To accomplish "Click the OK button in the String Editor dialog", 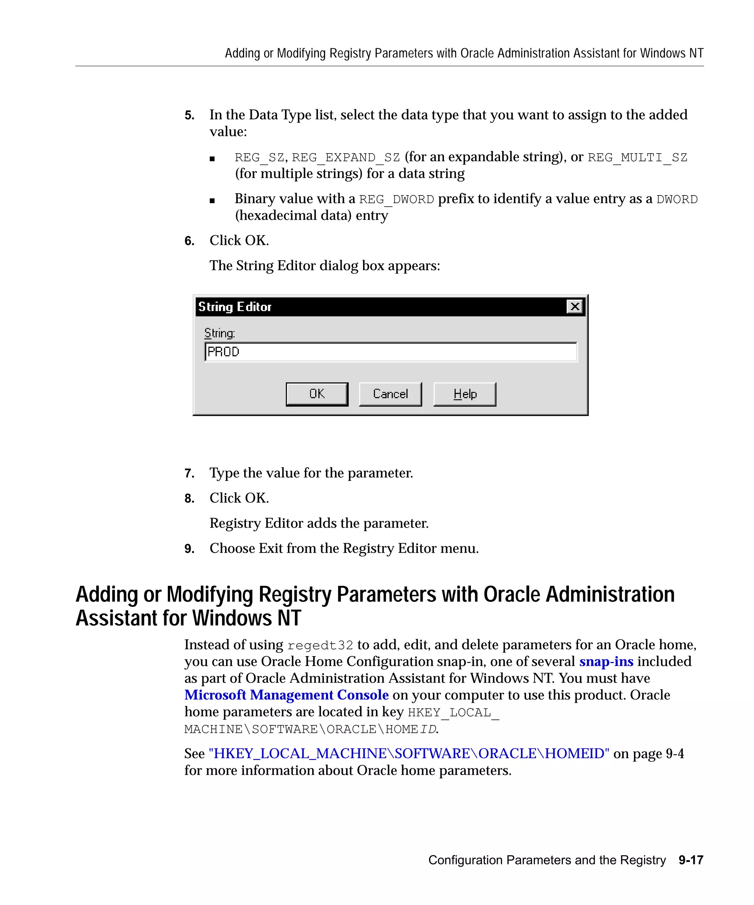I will [x=317, y=394].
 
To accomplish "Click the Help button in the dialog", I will [x=465, y=394].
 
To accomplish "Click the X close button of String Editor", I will [x=574, y=306].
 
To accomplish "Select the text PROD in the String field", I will [x=223, y=352].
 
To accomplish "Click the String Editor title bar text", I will [x=235, y=307].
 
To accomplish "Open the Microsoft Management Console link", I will [x=286, y=695].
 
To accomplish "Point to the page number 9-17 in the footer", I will [x=691, y=860].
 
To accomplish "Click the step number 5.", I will [x=189, y=116].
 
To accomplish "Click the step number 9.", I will [x=189, y=549].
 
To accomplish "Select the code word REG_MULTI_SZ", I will [x=637, y=157].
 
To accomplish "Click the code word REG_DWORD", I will [x=397, y=199].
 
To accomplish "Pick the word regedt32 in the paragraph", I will [x=320, y=645].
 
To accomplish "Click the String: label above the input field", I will [x=219, y=333].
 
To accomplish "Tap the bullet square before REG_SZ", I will [x=212, y=159].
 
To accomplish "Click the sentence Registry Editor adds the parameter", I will [x=319, y=523].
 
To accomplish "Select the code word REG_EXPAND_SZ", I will [x=346, y=157].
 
